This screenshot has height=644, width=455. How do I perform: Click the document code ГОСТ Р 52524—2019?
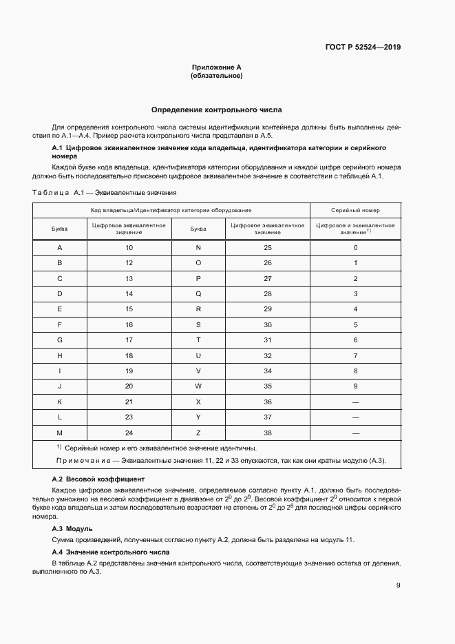(x=363, y=48)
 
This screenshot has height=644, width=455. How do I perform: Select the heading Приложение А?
(x=216, y=67)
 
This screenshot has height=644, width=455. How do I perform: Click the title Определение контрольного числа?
(x=216, y=110)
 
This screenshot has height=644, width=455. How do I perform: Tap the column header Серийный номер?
(x=355, y=210)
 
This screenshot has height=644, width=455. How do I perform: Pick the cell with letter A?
(x=60, y=247)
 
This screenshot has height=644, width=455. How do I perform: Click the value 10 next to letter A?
(x=129, y=247)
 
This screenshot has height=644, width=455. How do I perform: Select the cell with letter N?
(x=198, y=247)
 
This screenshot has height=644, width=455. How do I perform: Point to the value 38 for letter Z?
(x=268, y=433)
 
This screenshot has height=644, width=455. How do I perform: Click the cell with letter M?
(x=60, y=433)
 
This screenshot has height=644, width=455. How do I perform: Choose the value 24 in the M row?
(x=129, y=433)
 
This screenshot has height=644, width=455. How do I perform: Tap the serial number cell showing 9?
(x=355, y=386)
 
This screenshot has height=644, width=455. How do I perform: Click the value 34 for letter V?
(x=268, y=371)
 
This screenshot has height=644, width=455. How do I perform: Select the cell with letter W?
(x=198, y=386)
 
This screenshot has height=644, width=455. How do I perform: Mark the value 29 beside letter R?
(x=268, y=309)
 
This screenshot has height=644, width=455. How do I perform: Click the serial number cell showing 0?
(x=355, y=247)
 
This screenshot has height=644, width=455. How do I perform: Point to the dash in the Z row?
(x=355, y=433)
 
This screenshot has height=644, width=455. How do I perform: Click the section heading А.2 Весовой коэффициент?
(x=98, y=478)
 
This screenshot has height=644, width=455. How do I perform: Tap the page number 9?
(x=398, y=585)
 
